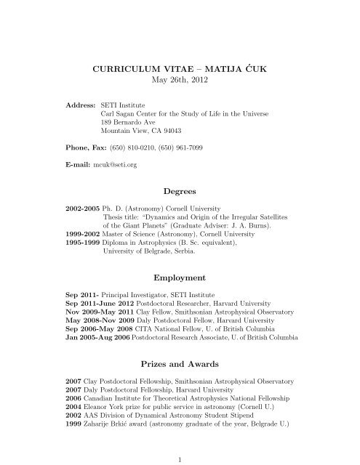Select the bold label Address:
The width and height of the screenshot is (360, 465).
click(x=80, y=105)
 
